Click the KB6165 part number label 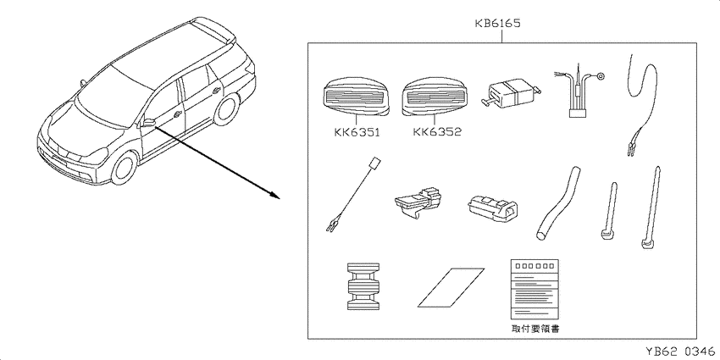pyautogui.click(x=498, y=24)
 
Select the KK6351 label pyautogui.click(x=357, y=133)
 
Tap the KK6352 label pyautogui.click(x=437, y=132)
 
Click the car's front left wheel pyautogui.click(x=124, y=168)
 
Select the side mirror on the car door pyautogui.click(x=148, y=123)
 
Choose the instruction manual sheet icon pyautogui.click(x=535, y=290)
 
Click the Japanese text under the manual pyautogui.click(x=535, y=329)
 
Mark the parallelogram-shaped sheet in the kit pyautogui.click(x=451, y=287)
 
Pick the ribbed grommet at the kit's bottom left pyautogui.click(x=363, y=287)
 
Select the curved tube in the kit pyautogui.click(x=558, y=202)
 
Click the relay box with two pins pyautogui.click(x=512, y=94)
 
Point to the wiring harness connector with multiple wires pyautogui.click(x=578, y=94)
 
